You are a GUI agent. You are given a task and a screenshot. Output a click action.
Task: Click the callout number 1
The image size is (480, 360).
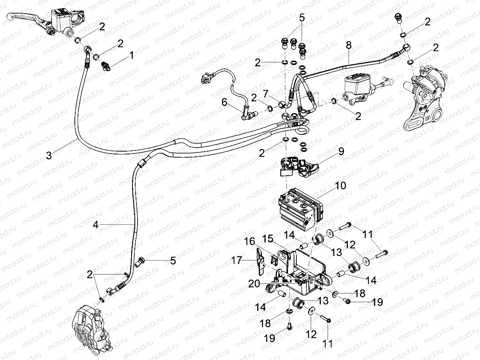point(131,57)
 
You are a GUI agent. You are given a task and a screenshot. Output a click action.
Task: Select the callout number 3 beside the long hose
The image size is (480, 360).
point(49,156)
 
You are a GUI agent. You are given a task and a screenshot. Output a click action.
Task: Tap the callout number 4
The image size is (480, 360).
point(95,225)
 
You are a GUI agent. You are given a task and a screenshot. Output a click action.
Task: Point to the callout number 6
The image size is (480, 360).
point(224,103)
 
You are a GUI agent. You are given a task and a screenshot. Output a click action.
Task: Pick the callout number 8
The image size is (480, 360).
point(349,46)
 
